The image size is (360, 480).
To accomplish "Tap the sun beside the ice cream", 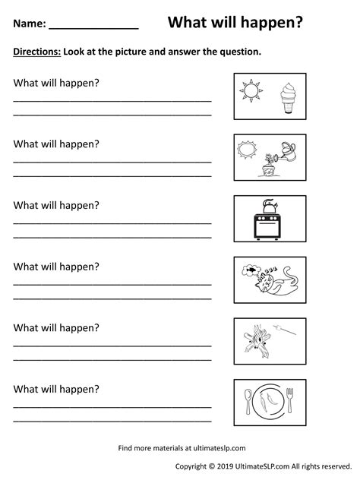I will (251, 93).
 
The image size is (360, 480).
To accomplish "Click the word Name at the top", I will (27, 24).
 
